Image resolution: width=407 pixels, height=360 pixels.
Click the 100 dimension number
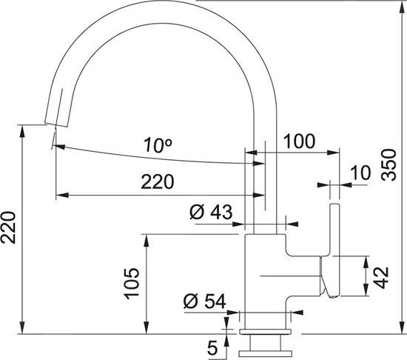[x=299, y=141]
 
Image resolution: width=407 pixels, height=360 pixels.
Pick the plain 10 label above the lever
[x=359, y=173]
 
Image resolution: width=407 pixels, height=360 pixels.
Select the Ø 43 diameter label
[x=211, y=213]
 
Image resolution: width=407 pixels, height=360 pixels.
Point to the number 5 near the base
[x=212, y=345]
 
